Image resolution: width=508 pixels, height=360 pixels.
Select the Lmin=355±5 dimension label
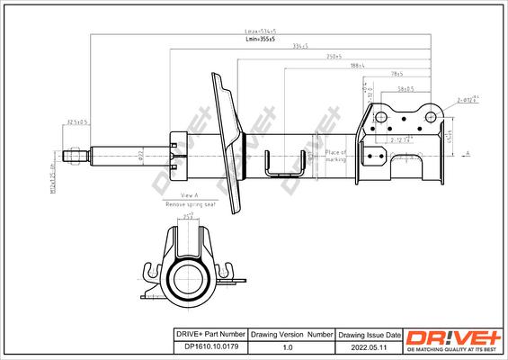point(260,40)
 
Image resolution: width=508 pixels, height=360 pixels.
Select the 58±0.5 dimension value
point(404,89)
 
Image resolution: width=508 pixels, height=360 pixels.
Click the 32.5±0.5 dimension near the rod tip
point(78,124)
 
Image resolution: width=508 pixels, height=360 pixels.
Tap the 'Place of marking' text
point(335,156)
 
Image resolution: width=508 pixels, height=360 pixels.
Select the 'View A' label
point(188,195)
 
